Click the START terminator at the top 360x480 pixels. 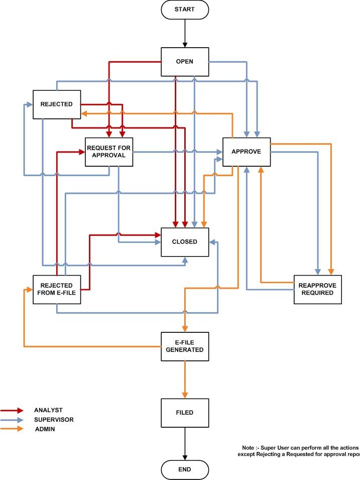[185, 10]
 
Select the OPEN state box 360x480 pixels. [184, 62]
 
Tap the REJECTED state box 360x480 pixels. [56, 104]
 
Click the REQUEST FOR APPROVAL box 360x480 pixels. [109, 151]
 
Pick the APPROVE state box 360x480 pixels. [246, 152]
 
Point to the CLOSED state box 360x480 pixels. [184, 242]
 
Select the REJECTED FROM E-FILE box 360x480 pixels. [56, 289]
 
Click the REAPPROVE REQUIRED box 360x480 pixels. [317, 289]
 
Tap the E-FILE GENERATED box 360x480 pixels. [184, 346]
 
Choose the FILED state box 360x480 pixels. [184, 413]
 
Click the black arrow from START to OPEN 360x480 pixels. [185, 33]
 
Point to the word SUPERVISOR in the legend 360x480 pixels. [54, 419]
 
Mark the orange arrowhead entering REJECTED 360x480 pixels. [84, 113]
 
